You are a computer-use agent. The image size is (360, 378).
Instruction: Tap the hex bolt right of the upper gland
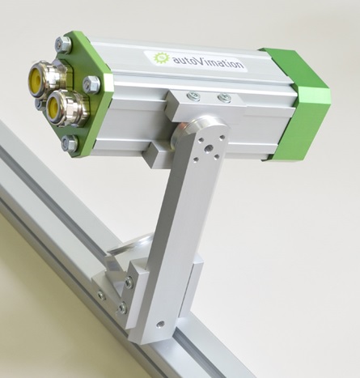point(91,83)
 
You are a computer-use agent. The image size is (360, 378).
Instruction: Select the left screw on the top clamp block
point(193,96)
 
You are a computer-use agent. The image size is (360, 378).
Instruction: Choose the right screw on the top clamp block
point(224,99)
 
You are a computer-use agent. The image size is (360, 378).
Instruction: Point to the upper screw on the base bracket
point(129,282)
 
